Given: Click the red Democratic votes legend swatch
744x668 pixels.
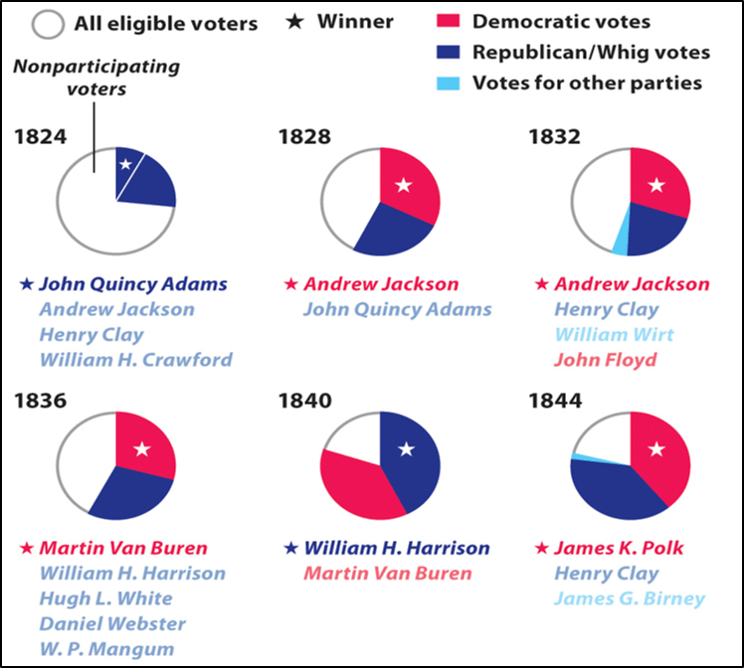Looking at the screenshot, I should coord(450,21).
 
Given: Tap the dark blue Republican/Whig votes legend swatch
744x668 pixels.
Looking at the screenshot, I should coord(450,52).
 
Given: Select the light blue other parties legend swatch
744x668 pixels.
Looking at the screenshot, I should coord(450,83).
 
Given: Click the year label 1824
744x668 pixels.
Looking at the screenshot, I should coord(41,136).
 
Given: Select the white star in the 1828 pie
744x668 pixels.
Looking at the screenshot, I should coord(403,184).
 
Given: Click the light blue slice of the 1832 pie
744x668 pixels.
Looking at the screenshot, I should coord(621,239).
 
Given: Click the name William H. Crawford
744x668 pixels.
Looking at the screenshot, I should coord(135,359).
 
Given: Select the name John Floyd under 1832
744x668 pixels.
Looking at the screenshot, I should coord(600,359).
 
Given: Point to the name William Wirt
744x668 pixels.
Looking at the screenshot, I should coord(614,334).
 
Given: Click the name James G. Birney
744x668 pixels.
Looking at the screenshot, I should coord(630,598).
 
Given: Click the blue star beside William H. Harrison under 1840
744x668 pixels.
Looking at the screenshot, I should coord(291,549).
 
